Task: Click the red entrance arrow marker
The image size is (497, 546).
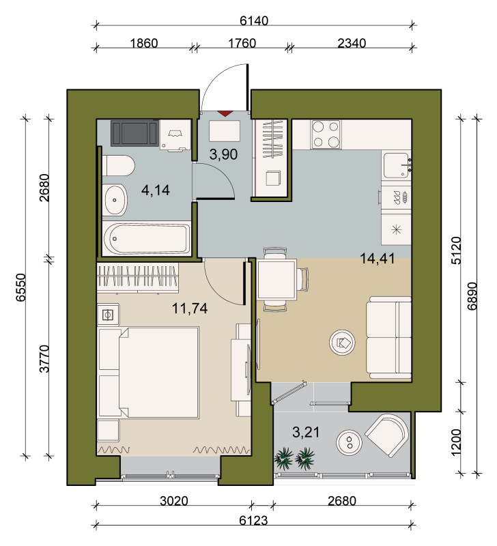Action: click(x=225, y=113)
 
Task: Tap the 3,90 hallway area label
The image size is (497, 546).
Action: click(x=224, y=154)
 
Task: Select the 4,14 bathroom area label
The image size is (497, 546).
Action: click(x=156, y=190)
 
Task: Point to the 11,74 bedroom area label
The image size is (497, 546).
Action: click(x=190, y=308)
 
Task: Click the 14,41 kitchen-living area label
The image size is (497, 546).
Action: click(x=378, y=259)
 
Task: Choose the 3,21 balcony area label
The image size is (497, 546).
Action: click(x=306, y=433)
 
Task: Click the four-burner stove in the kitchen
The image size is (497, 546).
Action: click(x=326, y=134)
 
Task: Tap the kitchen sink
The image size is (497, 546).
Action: click(x=397, y=165)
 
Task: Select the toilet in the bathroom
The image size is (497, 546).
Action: click(x=118, y=166)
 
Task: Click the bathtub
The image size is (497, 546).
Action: click(x=147, y=239)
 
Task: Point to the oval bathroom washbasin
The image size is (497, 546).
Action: click(x=115, y=200)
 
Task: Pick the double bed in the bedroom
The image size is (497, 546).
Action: click(x=149, y=372)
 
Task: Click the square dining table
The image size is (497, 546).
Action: click(x=277, y=279)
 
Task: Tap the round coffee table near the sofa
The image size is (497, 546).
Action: click(x=342, y=343)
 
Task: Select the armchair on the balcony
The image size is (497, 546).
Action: click(x=387, y=435)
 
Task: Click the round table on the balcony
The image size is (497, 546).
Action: click(x=349, y=442)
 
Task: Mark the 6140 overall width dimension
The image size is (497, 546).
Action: click(x=254, y=21)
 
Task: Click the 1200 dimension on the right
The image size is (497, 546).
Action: click(x=455, y=442)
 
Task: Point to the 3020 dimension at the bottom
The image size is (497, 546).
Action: click(x=174, y=501)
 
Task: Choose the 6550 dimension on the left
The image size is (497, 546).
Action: click(x=21, y=287)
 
